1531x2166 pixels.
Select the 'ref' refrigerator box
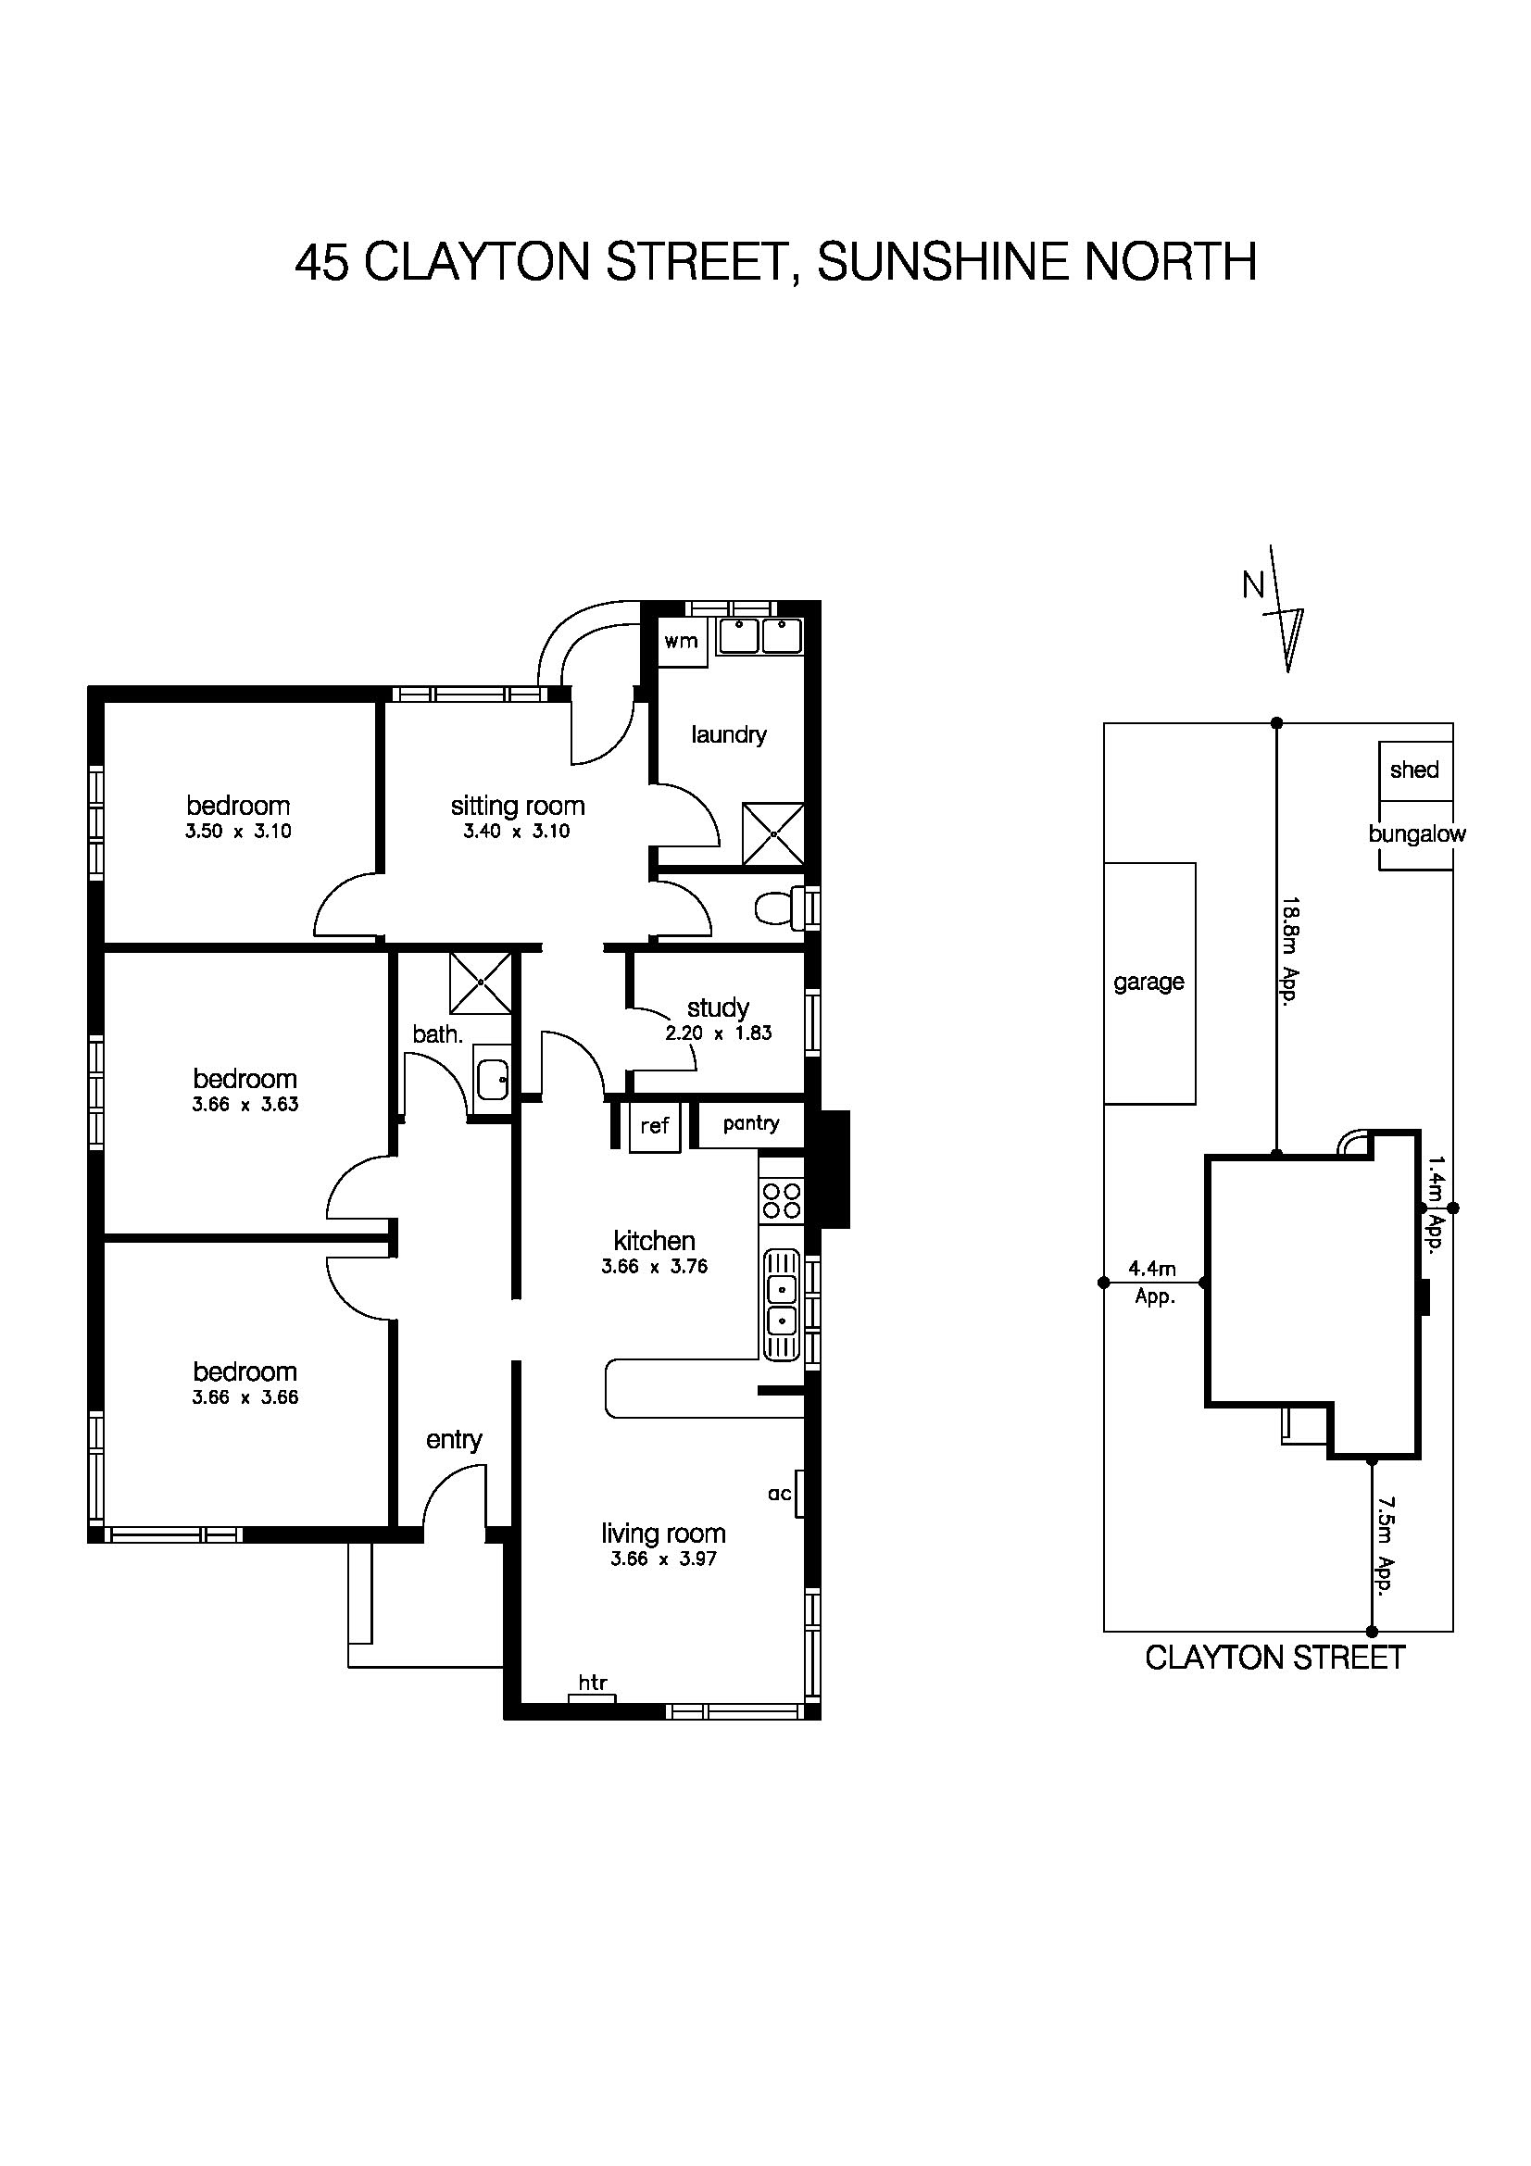655,1125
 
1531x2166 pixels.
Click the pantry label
751,1122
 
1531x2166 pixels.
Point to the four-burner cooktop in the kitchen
781,1202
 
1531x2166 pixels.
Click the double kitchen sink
781,1305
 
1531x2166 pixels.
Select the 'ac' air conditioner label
779,1494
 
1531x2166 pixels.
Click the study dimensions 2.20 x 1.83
719,1033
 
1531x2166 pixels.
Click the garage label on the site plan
1149,982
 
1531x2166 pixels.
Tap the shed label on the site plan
1414,770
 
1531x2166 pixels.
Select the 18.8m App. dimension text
1291,951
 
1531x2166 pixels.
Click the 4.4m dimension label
1152,1269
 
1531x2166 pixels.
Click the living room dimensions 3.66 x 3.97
664,1559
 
